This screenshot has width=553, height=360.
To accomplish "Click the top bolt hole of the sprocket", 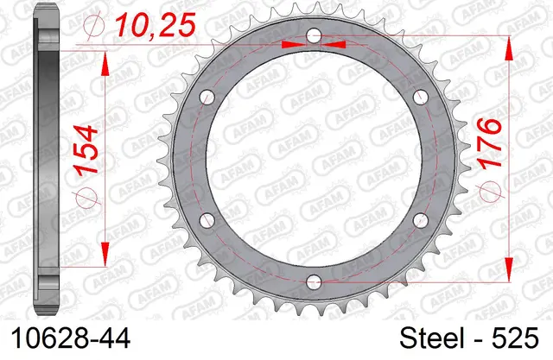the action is [x=314, y=35].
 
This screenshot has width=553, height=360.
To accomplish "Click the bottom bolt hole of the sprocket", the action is [x=314, y=281].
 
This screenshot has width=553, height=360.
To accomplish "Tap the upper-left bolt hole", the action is [x=207, y=98].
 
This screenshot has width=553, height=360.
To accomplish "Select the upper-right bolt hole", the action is [x=421, y=98].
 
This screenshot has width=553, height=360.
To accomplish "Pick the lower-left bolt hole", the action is [x=207, y=220].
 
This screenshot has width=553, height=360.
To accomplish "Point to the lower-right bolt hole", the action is [x=421, y=220].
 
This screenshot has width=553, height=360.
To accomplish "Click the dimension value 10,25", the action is [x=156, y=25].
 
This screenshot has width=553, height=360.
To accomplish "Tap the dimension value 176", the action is [x=489, y=143].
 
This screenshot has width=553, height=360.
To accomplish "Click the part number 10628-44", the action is [x=71, y=338].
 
